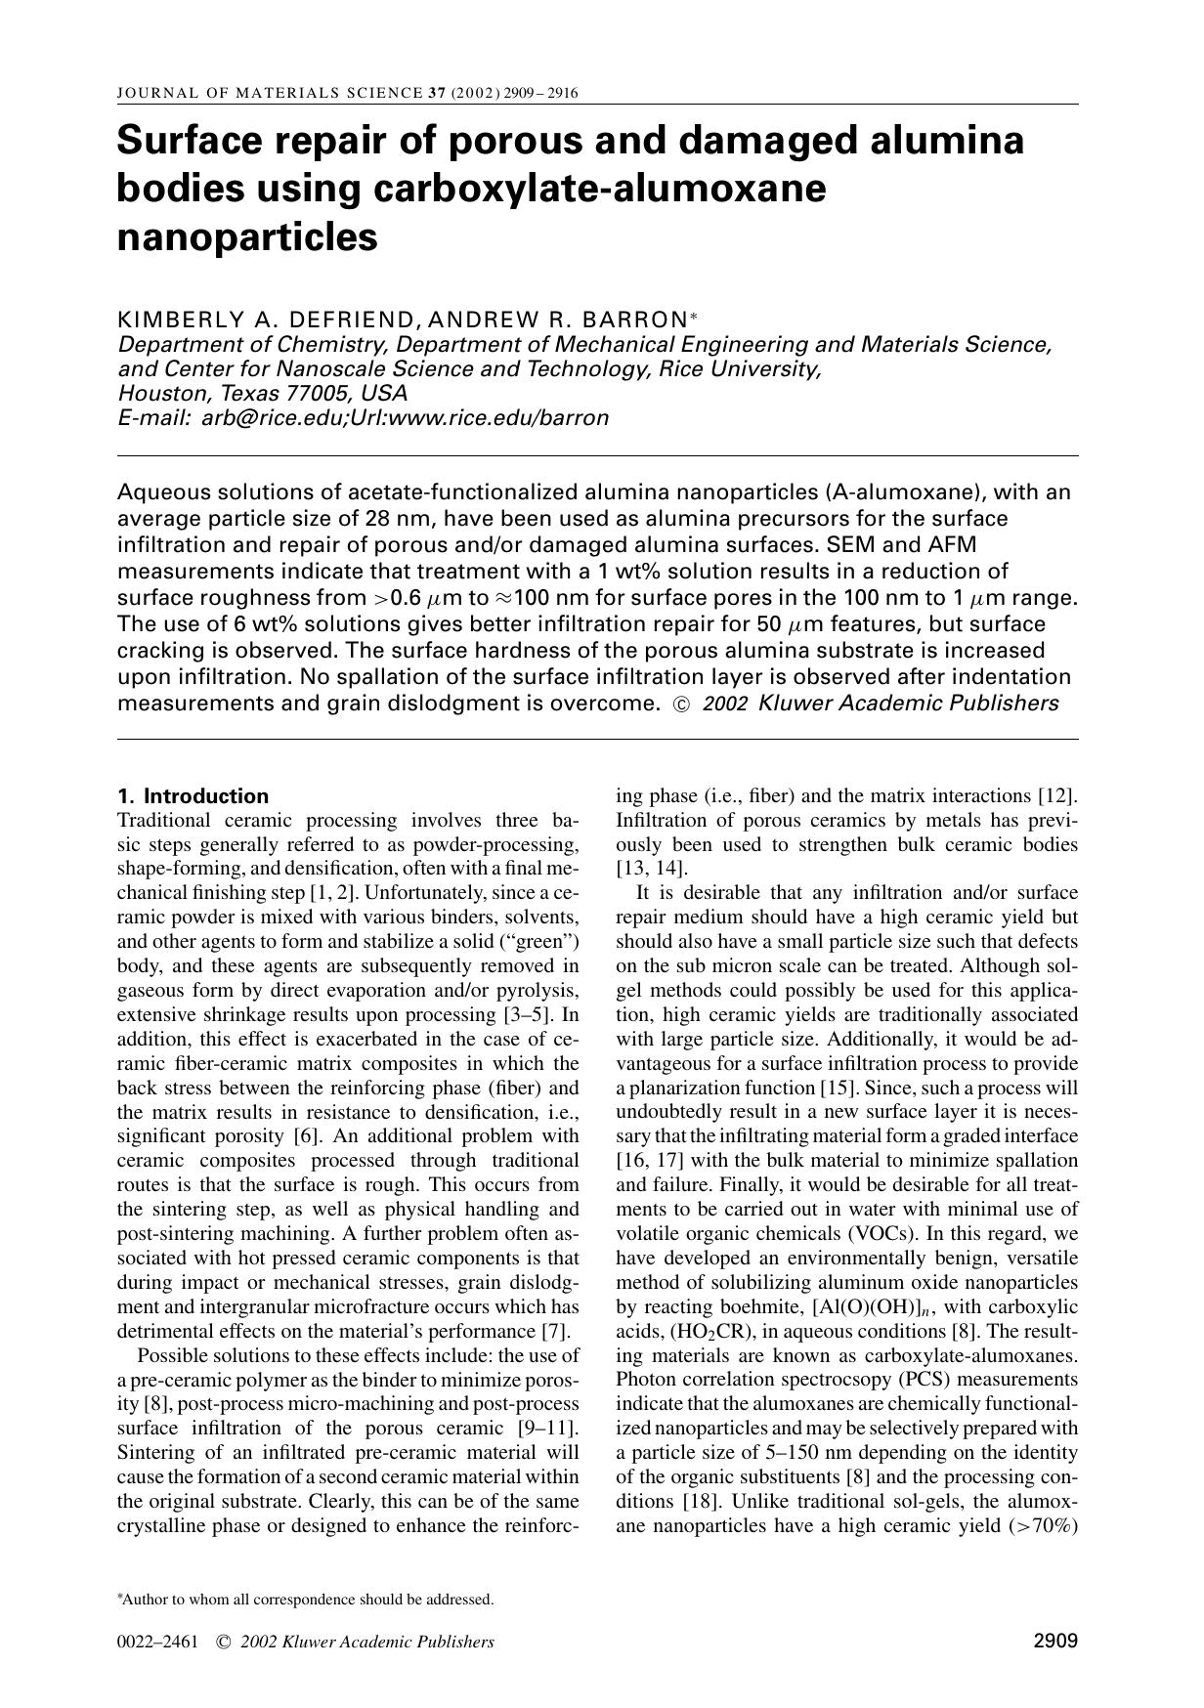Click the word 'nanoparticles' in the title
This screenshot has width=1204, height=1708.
coord(246,237)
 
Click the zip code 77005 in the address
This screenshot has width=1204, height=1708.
coord(317,394)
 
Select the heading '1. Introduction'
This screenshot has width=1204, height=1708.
coord(193,795)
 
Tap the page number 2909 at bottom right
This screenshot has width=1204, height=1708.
coord(1054,1642)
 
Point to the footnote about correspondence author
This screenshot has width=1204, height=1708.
coord(306,1600)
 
